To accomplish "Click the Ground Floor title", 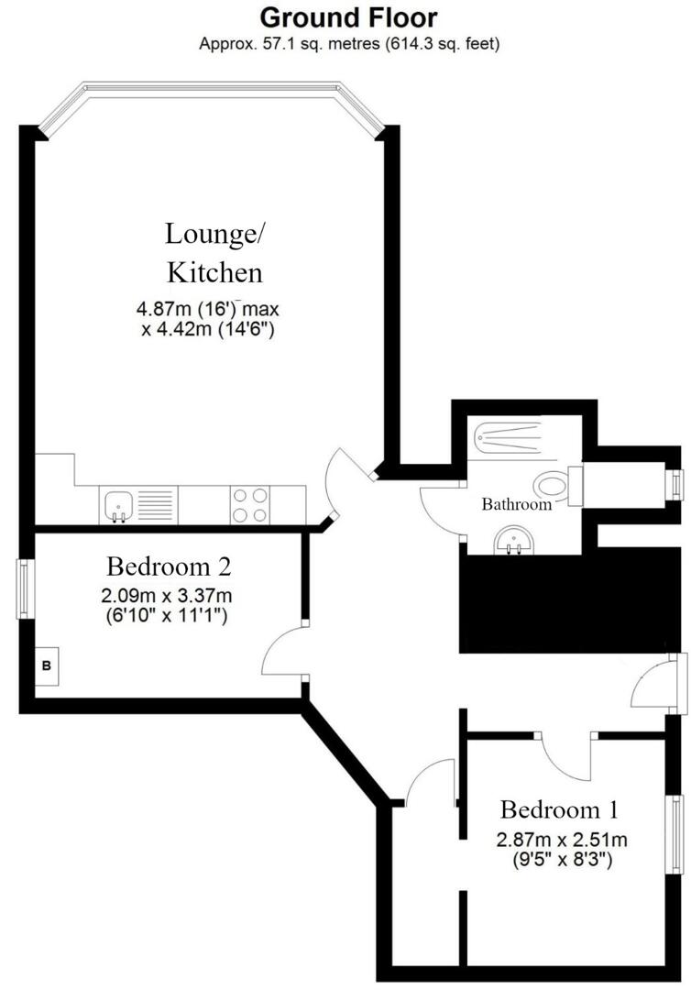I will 349,17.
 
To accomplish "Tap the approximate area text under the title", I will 349,43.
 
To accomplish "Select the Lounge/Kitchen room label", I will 214,252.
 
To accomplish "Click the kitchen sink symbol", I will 117,504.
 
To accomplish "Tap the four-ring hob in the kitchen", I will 250,504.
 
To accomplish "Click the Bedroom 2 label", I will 168,564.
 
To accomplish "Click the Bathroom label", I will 517,504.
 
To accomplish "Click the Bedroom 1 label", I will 559,810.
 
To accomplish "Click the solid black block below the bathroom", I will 568,600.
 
